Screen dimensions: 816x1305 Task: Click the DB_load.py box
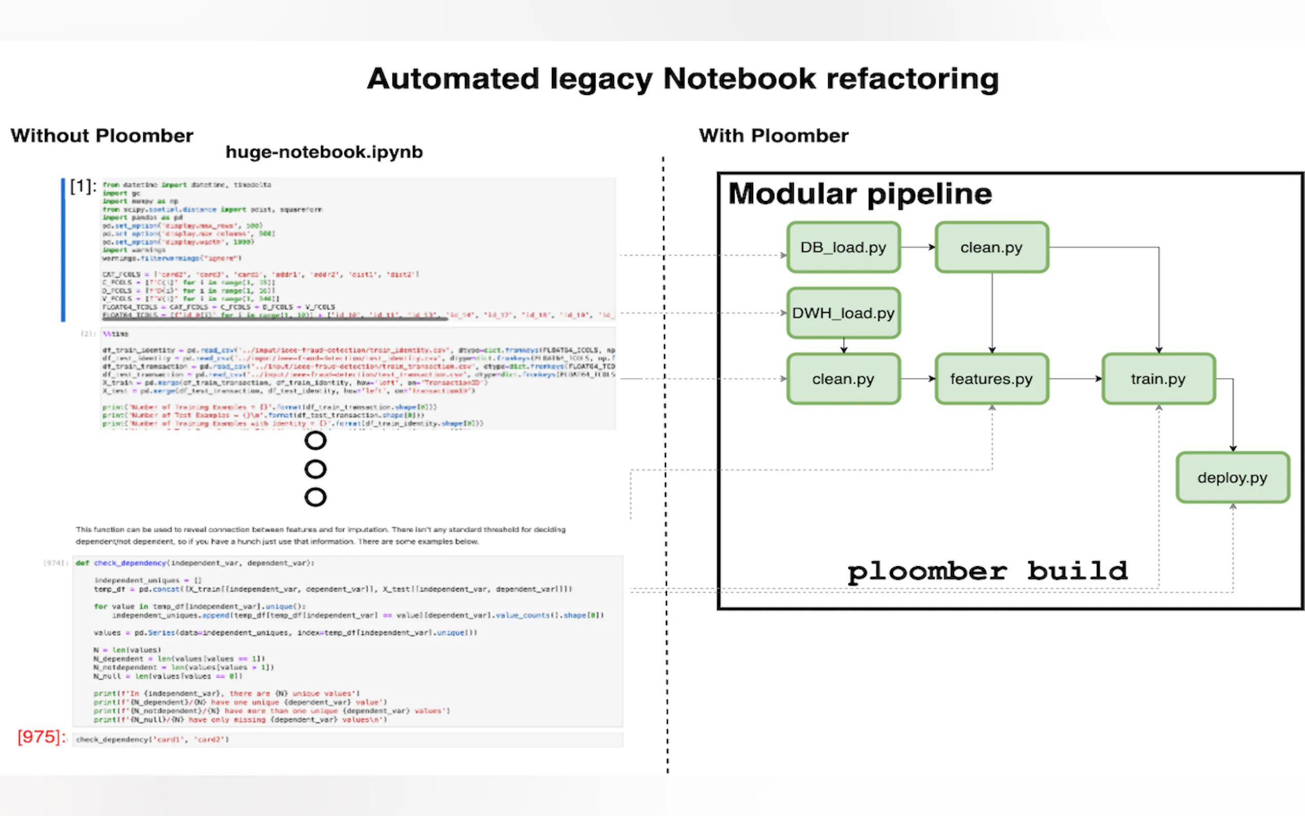click(843, 247)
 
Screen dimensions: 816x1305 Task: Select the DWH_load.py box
click(843, 313)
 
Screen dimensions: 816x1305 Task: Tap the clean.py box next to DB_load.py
click(992, 247)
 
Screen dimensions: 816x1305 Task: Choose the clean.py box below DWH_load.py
click(843, 379)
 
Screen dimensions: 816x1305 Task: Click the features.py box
click(992, 379)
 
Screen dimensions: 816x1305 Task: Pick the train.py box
click(1158, 379)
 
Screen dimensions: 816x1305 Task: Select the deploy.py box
click(1233, 477)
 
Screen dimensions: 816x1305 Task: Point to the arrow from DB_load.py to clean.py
click(918, 247)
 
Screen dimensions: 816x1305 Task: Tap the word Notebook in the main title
click(739, 79)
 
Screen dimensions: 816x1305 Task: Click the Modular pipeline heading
click(860, 194)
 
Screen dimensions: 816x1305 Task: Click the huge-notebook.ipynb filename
click(324, 152)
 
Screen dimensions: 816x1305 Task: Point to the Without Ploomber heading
click(102, 136)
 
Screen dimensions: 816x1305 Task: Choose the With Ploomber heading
click(774, 136)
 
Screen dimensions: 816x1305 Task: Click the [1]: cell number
click(83, 187)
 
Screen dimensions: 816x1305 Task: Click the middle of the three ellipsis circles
click(315, 469)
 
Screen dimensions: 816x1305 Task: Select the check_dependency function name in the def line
click(130, 563)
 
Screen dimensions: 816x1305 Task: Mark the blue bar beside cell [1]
click(63, 250)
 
